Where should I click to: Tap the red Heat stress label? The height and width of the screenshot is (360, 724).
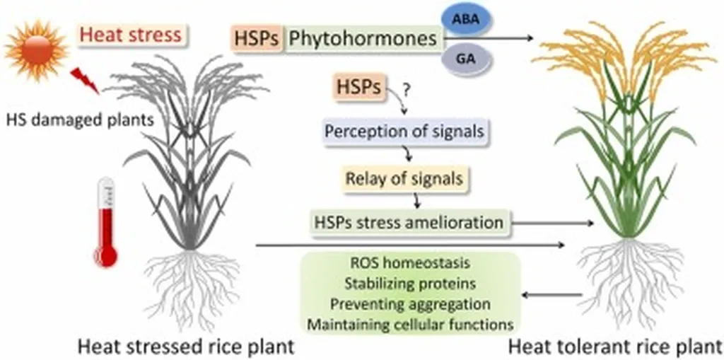point(133,34)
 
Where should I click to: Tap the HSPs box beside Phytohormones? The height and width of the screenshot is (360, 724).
point(257,37)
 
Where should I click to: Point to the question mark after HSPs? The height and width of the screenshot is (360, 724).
point(406,90)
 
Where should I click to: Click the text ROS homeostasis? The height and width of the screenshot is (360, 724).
point(411,265)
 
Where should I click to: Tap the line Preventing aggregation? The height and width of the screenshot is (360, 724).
point(411,304)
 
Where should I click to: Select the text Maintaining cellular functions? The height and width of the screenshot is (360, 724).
point(411,325)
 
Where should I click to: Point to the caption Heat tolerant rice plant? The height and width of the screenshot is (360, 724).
point(614,347)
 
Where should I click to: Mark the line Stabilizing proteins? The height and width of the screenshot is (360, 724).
point(411,284)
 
